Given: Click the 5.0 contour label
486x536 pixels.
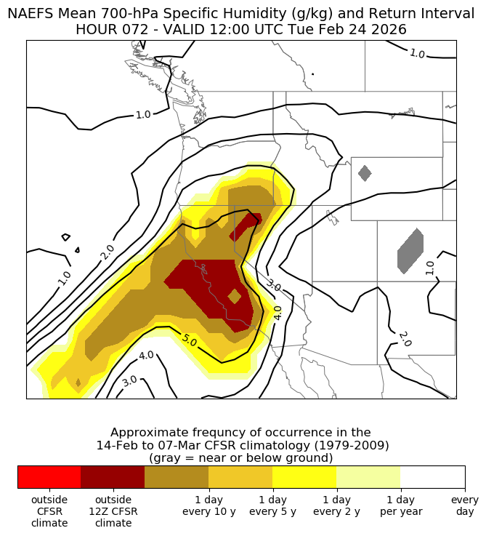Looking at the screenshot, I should click(190, 340).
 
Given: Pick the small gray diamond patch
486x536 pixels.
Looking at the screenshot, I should click(365, 173).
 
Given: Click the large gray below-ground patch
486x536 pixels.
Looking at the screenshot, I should click(410, 251).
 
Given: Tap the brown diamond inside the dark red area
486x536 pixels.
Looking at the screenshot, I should click(234, 296).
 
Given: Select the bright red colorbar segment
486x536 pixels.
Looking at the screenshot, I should click(49, 477).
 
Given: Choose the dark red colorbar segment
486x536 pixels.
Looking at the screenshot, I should click(113, 477).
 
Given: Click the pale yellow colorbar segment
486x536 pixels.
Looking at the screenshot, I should click(368, 477).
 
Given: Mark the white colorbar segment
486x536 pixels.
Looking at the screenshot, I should click(432, 477).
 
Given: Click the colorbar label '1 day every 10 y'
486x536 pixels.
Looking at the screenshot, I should click(208, 505).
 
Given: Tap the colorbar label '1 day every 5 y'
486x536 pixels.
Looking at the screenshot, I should click(272, 505).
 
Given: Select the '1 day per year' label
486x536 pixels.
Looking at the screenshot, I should click(400, 505).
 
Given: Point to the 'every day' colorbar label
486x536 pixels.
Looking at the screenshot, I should click(464, 505).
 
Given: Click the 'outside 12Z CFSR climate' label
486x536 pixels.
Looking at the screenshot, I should click(113, 511).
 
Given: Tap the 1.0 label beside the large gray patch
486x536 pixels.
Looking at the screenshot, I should click(430, 267).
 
